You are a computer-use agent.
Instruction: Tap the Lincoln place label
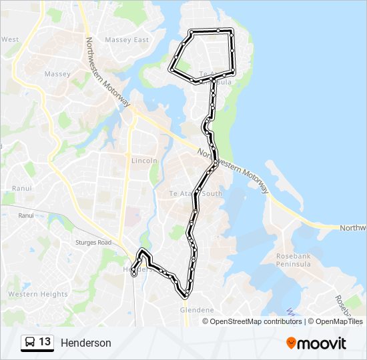click(x=144, y=161)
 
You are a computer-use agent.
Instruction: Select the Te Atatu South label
click(x=196, y=193)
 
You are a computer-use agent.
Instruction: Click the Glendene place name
click(x=197, y=310)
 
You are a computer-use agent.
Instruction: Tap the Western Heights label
click(x=37, y=294)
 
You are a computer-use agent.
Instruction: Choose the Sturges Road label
click(x=93, y=243)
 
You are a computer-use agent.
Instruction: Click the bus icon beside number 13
click(x=30, y=343)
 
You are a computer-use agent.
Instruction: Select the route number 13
click(x=45, y=342)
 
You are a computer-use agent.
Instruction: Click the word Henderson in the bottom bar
click(x=86, y=343)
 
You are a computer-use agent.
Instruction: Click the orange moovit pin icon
click(x=291, y=343)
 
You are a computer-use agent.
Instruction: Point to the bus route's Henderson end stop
click(x=134, y=273)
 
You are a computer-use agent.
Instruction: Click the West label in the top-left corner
click(x=10, y=39)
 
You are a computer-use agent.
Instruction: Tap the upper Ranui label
click(x=21, y=189)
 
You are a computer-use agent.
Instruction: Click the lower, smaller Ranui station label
click(x=26, y=215)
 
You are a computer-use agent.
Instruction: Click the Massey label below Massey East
click(x=57, y=74)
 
